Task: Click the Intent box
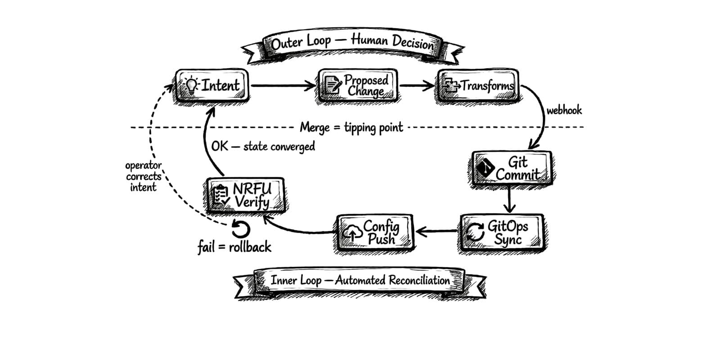click(211, 85)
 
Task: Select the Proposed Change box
click(358, 85)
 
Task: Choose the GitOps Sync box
click(502, 233)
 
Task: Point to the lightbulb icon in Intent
click(192, 85)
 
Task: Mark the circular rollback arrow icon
click(240, 229)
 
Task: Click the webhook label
click(564, 110)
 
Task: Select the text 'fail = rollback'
click(234, 247)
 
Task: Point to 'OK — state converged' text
click(263, 146)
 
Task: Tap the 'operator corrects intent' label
click(143, 176)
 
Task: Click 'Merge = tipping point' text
click(351, 127)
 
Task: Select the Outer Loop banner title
click(352, 42)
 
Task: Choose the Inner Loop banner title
click(360, 280)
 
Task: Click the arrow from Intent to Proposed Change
click(283, 85)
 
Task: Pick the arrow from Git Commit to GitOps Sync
click(509, 199)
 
